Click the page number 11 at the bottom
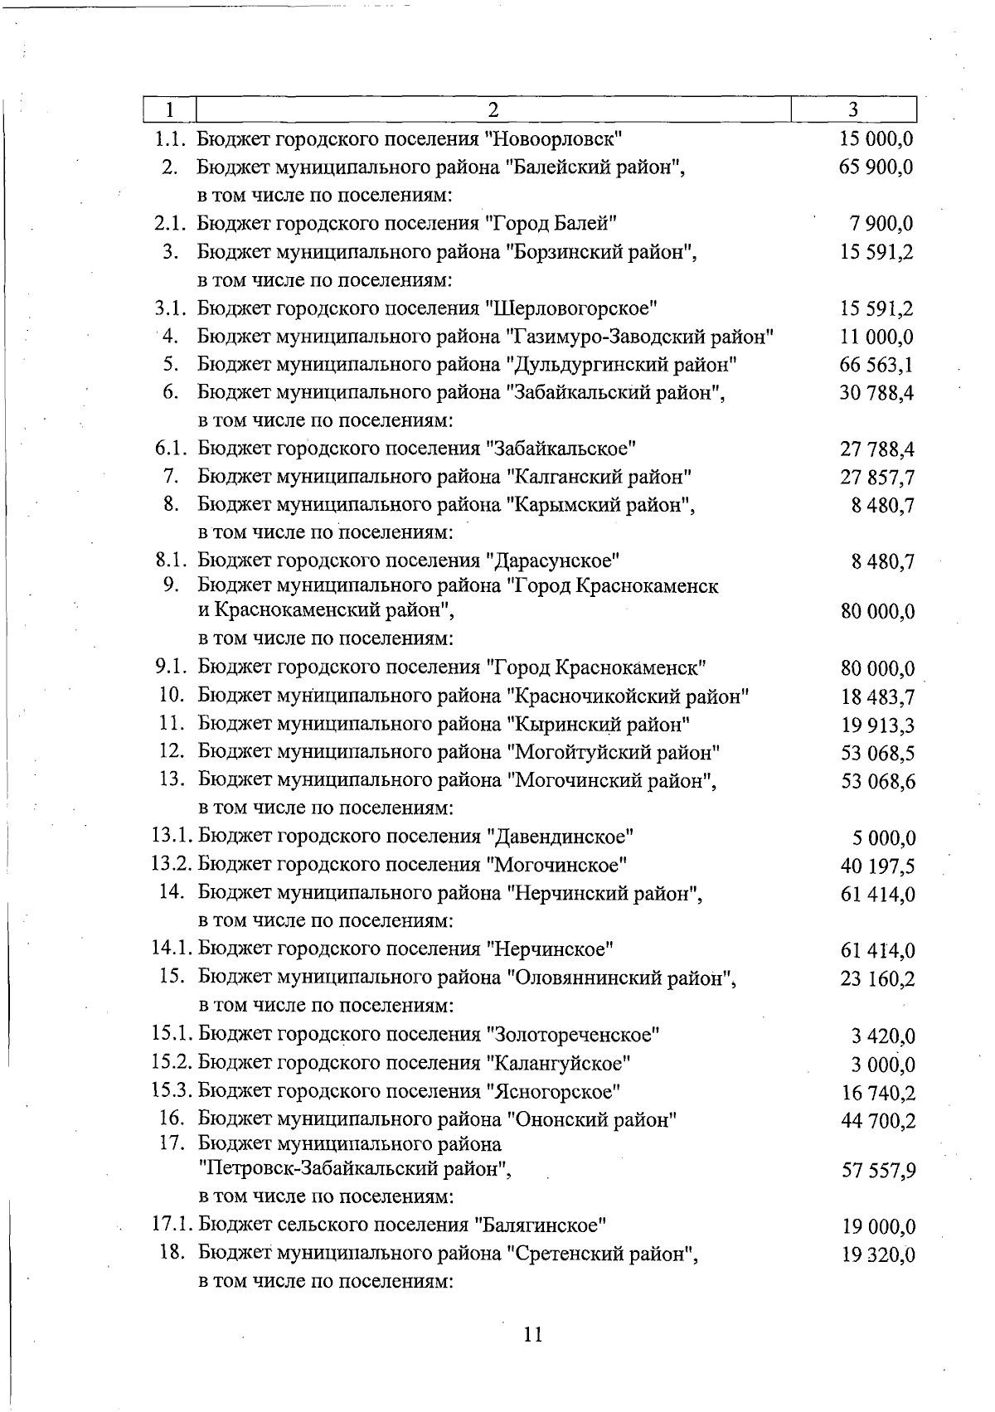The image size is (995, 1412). [532, 1335]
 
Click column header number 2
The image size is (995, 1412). [493, 110]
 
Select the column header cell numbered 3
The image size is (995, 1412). [853, 110]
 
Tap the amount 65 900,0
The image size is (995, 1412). [877, 167]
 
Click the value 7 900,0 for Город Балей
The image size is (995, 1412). [882, 223]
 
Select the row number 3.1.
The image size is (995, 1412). [174, 308]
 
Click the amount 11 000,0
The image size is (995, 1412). [877, 337]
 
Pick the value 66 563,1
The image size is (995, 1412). [877, 365]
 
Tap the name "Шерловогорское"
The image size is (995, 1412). [571, 308]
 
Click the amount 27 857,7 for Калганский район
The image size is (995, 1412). [877, 478]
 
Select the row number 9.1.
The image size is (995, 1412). [174, 667]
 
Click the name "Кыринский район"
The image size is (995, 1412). [598, 724]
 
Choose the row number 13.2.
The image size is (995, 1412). [172, 865]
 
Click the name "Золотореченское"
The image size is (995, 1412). [574, 1034]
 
